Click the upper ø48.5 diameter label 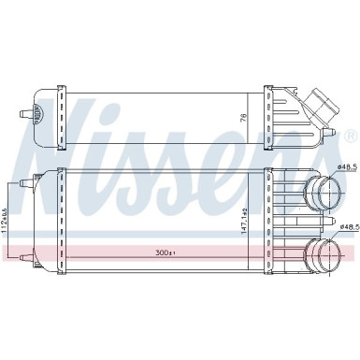[347, 169]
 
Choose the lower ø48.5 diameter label [348, 226]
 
